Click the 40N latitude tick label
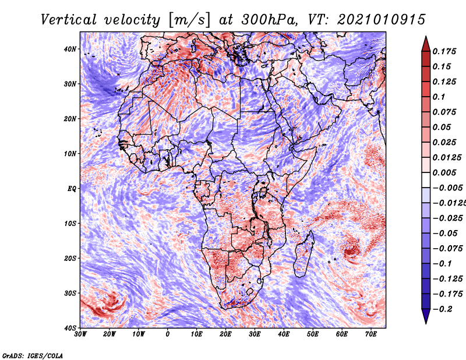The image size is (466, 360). pyautogui.click(x=69, y=49)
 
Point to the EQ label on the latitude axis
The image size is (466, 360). pyautogui.click(x=72, y=189)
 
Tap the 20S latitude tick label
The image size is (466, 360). pyautogui.click(x=69, y=258)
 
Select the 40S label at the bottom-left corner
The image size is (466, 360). pyautogui.click(x=69, y=328)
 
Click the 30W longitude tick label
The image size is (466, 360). pyautogui.click(x=80, y=334)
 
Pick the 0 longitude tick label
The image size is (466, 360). pyautogui.click(x=168, y=334)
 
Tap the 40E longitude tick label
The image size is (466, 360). pyautogui.click(x=284, y=334)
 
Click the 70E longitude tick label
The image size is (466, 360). pyautogui.click(x=371, y=334)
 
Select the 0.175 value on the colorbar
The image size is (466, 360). pyautogui.click(x=444, y=52)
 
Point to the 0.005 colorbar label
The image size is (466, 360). pyautogui.click(x=444, y=172)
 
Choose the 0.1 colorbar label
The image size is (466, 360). pyautogui.click(x=439, y=97)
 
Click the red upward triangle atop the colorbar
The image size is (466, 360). pyautogui.click(x=426, y=44)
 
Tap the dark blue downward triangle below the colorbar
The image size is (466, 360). pyautogui.click(x=426, y=316)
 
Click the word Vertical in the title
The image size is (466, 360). pyautogui.click(x=69, y=20)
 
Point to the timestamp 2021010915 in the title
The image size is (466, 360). pyautogui.click(x=382, y=20)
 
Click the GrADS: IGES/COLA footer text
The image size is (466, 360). pyautogui.click(x=33, y=356)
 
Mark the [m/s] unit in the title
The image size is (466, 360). pyautogui.click(x=189, y=20)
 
